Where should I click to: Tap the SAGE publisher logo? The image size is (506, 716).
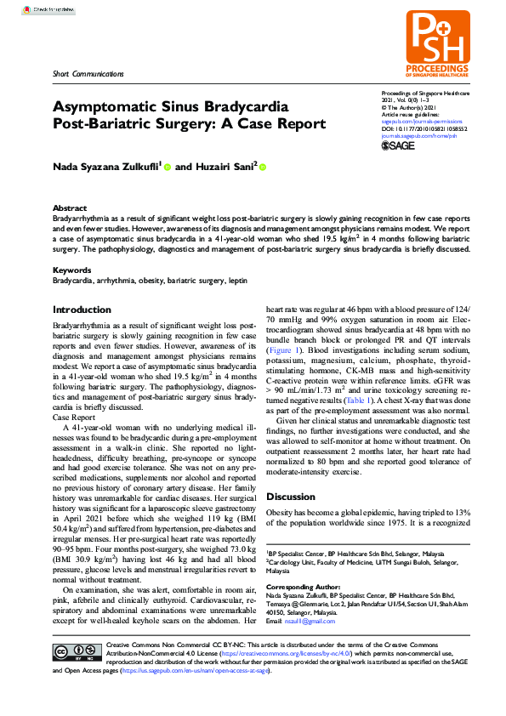[x=398, y=145]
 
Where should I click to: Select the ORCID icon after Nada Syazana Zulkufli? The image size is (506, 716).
[x=168, y=168]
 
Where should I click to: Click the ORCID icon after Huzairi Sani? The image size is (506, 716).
[x=263, y=168]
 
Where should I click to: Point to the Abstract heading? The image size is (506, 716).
[x=70, y=208]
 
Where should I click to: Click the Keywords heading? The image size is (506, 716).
[x=72, y=270]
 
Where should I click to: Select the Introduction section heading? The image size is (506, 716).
[x=82, y=310]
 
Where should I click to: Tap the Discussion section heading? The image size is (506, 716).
[x=291, y=497]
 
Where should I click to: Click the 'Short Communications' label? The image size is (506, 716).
[x=86, y=76]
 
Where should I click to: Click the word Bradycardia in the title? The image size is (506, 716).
[x=235, y=108]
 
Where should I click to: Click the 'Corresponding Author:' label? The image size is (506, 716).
[x=304, y=588]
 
